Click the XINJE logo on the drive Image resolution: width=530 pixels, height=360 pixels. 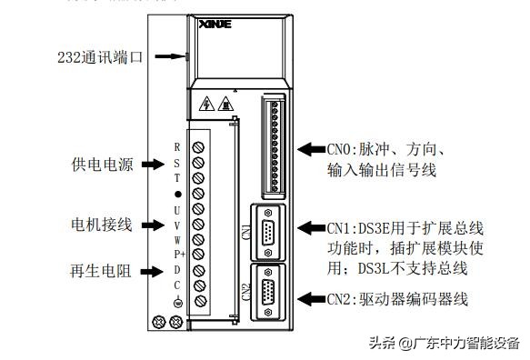click(215, 25)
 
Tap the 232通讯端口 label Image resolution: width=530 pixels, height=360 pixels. click(100, 57)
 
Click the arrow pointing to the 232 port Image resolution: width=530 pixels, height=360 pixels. click(170, 56)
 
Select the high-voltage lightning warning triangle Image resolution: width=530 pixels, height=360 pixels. click(207, 104)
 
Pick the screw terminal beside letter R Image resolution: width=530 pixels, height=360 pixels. click(198, 147)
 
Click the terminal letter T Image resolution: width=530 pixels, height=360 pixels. click(177, 178)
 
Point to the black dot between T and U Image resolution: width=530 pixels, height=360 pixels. click(178, 194)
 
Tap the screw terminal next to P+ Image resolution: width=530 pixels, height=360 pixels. click(198, 254)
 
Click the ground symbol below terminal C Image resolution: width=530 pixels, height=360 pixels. click(178, 302)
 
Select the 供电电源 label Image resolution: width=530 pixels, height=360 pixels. click(103, 165)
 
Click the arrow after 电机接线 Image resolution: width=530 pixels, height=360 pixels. click(153, 225)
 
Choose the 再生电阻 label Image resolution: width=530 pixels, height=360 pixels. click(100, 271)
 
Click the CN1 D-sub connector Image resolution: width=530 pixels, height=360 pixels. click(268, 233)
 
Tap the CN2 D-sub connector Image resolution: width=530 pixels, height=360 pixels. click(268, 293)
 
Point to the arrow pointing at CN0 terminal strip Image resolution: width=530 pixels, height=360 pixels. click(312, 149)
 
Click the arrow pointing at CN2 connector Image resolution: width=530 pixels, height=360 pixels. click(312, 299)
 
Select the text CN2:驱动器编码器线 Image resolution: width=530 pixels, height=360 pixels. click(397, 299)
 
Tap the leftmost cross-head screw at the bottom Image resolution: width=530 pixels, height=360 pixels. click(159, 322)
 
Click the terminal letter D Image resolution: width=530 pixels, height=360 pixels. click(177, 270)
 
